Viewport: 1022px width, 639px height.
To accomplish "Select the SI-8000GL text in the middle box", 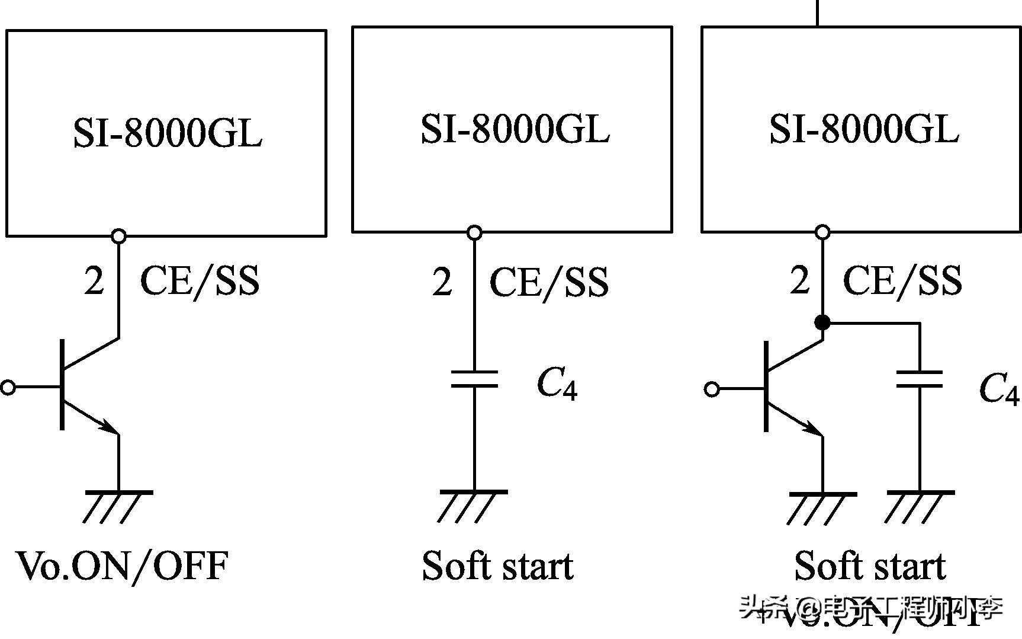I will (515, 129).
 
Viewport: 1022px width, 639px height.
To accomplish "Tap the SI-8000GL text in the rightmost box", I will (863, 129).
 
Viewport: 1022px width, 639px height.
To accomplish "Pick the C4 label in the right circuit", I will (999, 389).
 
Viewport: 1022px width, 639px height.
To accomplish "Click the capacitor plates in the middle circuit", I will (474, 379).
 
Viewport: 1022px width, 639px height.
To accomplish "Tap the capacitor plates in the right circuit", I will (920, 379).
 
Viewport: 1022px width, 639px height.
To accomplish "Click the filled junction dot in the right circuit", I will (822, 322).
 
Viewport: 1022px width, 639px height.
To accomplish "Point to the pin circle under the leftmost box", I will (119, 237).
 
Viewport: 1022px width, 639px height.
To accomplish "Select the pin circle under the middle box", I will (474, 233).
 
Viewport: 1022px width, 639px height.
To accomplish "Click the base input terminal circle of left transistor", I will (8, 388).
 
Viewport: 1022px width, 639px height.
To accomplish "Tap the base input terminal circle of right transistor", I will (712, 389).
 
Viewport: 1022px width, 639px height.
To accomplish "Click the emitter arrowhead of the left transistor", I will (108, 426).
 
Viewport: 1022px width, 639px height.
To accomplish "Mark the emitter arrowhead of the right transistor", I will (812, 427).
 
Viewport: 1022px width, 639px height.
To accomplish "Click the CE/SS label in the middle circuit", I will (549, 282).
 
